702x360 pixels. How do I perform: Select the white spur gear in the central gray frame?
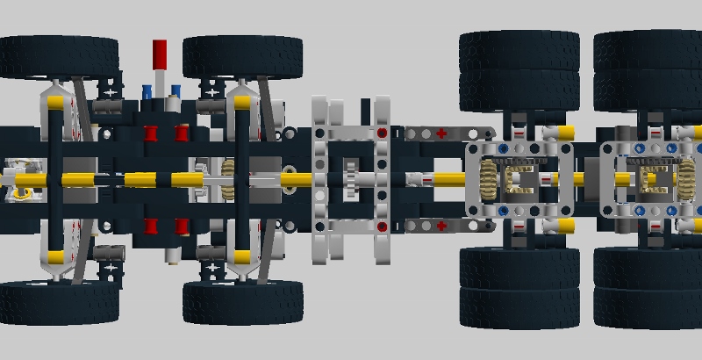click(x=351, y=179)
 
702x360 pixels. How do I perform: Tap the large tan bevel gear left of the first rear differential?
click(x=484, y=180)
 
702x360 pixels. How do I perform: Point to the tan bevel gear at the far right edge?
click(x=683, y=180)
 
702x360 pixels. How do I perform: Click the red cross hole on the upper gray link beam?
click(x=441, y=133)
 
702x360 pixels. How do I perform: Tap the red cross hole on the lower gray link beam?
click(x=441, y=226)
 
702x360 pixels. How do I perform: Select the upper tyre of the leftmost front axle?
click(x=59, y=55)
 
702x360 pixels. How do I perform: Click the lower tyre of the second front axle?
click(x=243, y=303)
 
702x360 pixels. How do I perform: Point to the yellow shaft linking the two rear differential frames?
click(x=586, y=180)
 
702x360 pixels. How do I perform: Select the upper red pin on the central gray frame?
click(x=382, y=133)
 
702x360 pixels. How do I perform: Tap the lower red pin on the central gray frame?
click(x=382, y=227)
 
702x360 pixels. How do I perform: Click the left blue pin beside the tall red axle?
click(x=147, y=90)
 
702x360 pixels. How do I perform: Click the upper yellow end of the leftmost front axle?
click(x=54, y=103)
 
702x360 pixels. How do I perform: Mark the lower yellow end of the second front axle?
click(x=243, y=257)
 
